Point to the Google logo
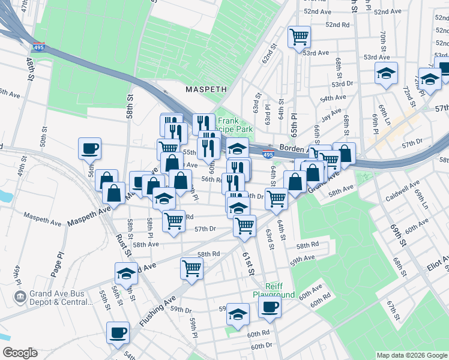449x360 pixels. tap(20, 353)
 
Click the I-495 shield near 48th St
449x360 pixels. tap(40, 46)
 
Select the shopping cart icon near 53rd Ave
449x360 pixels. tap(299, 37)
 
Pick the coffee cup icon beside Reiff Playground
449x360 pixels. tap(270, 307)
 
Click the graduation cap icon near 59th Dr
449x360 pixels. tap(238, 314)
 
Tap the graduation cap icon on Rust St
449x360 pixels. tap(126, 273)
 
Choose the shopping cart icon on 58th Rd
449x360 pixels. tap(191, 268)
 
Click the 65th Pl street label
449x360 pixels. tap(294, 121)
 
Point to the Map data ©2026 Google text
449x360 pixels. tap(411, 354)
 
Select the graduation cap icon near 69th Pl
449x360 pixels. tap(386, 73)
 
